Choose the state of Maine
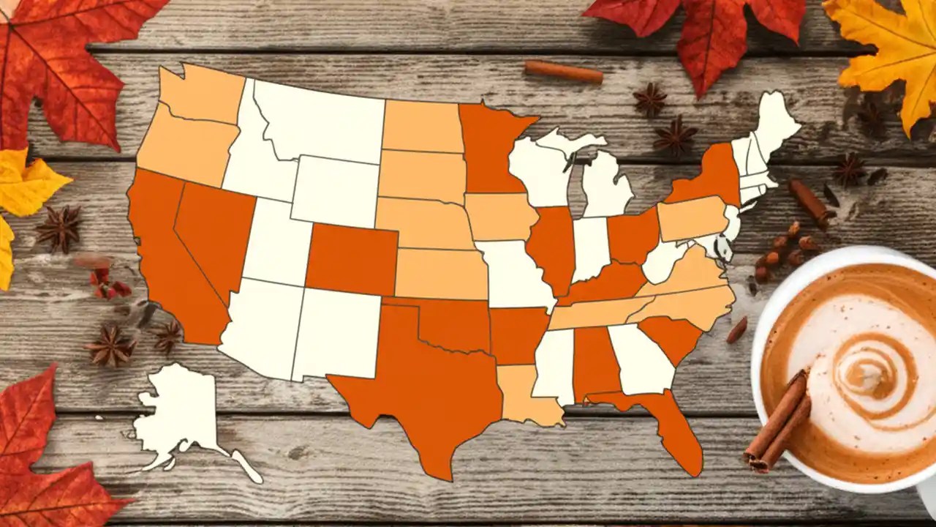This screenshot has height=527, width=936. coord(775,124)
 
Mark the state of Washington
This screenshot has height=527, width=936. coord(197,95)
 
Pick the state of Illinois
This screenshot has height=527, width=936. coord(552,249)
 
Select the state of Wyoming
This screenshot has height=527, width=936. coord(333,190)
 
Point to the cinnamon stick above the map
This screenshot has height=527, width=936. coord(563,71)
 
